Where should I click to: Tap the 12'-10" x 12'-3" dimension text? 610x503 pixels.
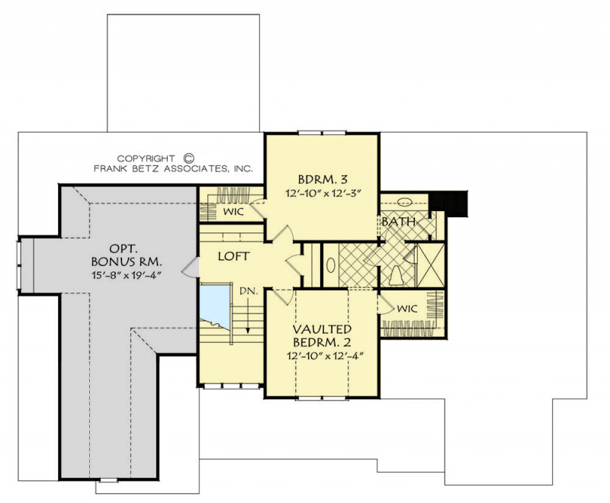[x=323, y=194]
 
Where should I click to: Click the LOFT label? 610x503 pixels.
[x=234, y=257]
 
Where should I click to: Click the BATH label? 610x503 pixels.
[x=397, y=223]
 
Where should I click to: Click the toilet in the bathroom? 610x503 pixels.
[x=396, y=274]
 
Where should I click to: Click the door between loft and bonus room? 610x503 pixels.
[x=194, y=265]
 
